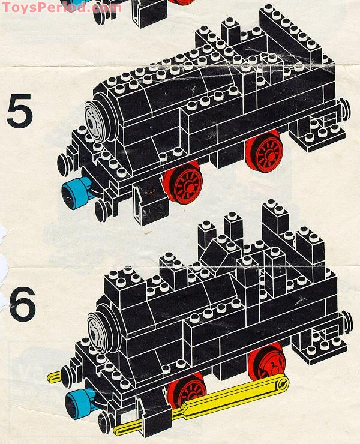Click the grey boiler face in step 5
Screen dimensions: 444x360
(94, 122)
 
